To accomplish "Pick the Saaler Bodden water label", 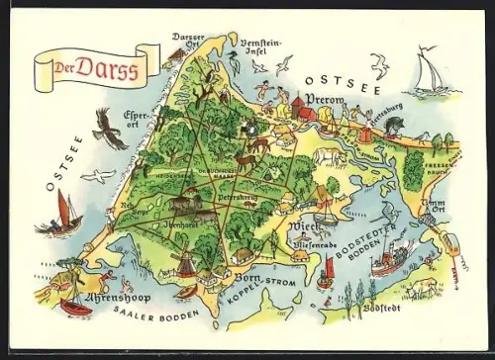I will click(157, 315).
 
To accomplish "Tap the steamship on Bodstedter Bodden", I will click(390, 260).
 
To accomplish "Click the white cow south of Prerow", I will click(328, 155).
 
